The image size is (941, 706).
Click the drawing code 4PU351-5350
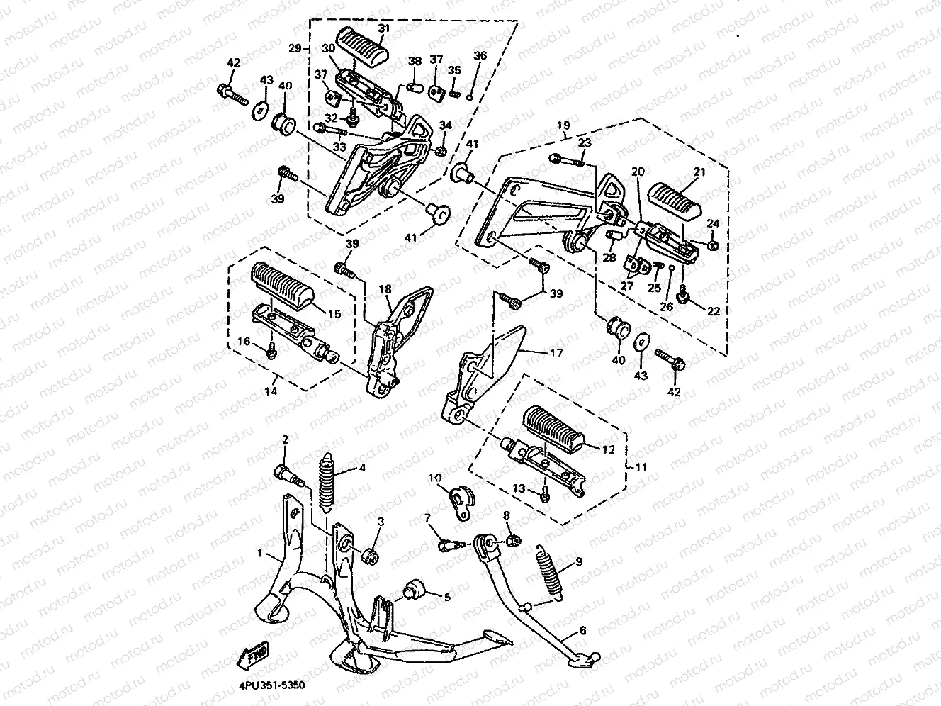272,685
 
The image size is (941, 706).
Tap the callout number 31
383,29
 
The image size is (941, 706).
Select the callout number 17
556,353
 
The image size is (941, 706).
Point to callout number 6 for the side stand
582,631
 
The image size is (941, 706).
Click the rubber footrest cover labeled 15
283,285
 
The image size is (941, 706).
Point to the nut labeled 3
370,557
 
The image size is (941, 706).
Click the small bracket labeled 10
461,502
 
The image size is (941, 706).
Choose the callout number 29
295,48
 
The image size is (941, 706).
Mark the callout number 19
563,125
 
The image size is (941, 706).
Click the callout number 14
271,391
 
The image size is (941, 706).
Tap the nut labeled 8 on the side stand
514,541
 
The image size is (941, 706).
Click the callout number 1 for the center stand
260,554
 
